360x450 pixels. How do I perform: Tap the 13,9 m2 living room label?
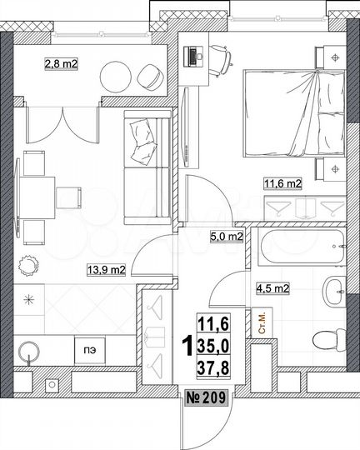108,269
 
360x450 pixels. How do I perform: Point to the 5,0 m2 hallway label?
226,237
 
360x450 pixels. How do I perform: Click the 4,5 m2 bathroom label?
272,289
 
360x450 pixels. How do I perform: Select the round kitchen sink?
31,352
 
